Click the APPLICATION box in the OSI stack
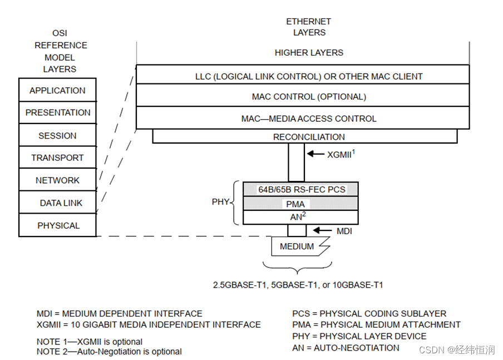pos(57,91)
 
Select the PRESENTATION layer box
pos(57,112)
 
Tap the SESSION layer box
pos(57,135)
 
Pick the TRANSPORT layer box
pos(57,158)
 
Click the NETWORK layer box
pos(57,180)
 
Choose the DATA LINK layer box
pos(57,203)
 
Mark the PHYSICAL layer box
pos(57,225)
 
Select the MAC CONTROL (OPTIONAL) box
pos(309,97)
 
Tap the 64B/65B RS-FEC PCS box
pos(301,189)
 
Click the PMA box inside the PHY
pos(301,204)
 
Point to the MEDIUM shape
pos(297,246)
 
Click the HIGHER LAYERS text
pos(309,53)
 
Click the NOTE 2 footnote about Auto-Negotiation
pos(109,352)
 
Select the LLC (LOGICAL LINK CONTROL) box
pos(309,76)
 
